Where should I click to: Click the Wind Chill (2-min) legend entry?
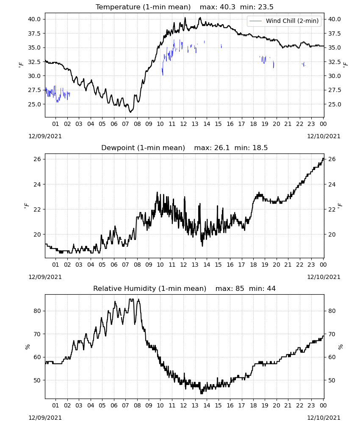(284, 21)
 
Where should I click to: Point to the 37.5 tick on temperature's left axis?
(34, 33)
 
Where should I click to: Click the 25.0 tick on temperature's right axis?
(335, 104)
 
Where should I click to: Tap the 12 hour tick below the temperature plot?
(183, 124)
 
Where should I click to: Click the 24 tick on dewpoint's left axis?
(37, 184)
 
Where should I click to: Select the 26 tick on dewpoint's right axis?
(332, 159)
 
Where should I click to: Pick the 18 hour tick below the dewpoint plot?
(253, 265)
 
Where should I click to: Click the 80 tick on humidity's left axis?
(37, 311)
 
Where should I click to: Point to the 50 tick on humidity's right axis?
(332, 380)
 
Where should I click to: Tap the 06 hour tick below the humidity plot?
(114, 406)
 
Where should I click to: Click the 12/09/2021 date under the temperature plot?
(45, 136)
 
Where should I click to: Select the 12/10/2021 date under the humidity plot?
(324, 418)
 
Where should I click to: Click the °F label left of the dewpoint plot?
(26, 206)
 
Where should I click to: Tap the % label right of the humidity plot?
(341, 347)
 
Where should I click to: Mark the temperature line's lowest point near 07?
(130, 112)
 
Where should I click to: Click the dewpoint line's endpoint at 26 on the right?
(324, 158)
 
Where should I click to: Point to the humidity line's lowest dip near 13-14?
(202, 393)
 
